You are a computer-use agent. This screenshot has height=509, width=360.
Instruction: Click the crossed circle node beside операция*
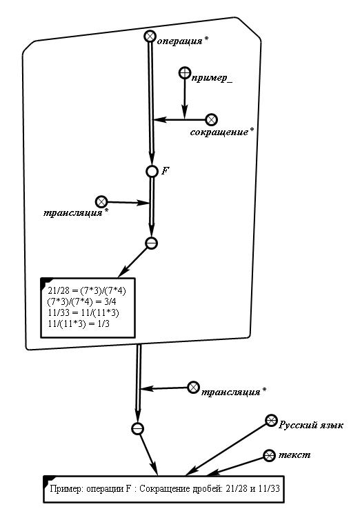[150, 37]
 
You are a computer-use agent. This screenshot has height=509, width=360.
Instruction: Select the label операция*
[183, 41]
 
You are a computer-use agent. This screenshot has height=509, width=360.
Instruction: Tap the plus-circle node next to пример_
[185, 72]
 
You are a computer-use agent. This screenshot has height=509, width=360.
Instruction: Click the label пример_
[212, 78]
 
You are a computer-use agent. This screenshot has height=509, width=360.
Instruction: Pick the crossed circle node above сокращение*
[211, 119]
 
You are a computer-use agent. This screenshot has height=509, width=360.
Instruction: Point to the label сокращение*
[221, 132]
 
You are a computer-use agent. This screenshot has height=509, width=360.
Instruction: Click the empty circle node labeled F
[152, 171]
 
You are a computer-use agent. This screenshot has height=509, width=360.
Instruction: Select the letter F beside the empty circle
[165, 171]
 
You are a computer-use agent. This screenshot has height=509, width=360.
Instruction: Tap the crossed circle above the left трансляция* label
[101, 201]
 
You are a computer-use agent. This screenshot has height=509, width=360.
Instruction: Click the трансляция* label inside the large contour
[76, 212]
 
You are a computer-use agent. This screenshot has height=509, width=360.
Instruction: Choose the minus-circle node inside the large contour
[151, 243]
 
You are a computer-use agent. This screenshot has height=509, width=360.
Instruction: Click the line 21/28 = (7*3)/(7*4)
[87, 290]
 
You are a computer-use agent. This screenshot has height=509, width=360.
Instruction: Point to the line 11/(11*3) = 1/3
[79, 323]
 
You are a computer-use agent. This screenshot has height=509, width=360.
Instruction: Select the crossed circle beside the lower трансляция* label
[193, 388]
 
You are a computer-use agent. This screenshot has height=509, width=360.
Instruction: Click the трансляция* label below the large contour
[234, 392]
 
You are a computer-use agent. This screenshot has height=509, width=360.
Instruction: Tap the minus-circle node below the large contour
[138, 428]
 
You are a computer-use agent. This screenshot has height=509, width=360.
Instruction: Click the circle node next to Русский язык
[271, 421]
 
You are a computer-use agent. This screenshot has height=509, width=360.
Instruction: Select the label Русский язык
[311, 425]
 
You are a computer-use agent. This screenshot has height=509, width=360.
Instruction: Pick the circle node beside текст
[269, 455]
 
